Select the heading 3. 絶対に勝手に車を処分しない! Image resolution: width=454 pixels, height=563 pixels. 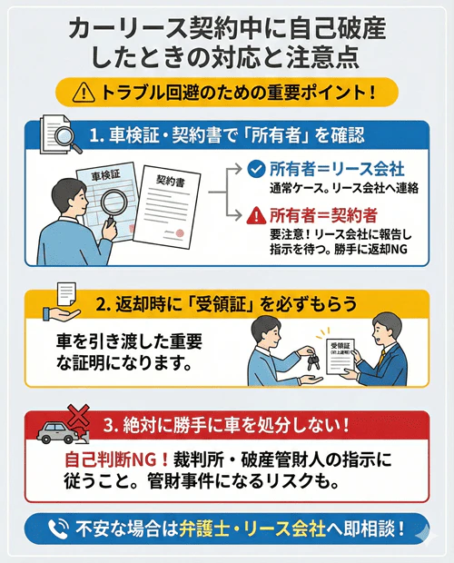point(222,425)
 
